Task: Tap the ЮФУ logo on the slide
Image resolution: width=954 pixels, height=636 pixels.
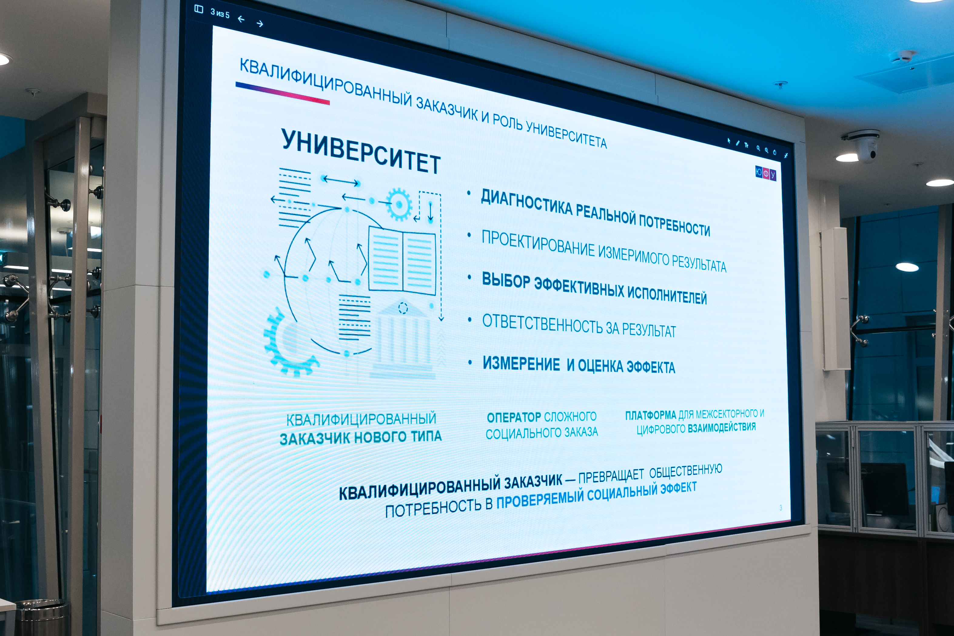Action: (765, 173)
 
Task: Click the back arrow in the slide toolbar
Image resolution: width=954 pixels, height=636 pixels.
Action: (241, 19)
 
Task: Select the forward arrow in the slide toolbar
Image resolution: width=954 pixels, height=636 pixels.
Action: (260, 24)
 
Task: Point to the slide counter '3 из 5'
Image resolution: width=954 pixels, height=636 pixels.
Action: (220, 13)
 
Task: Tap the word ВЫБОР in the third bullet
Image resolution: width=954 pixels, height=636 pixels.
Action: (506, 280)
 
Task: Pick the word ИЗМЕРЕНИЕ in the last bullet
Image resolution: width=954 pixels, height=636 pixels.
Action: (521, 363)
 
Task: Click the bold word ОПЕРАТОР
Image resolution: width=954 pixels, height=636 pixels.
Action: (514, 417)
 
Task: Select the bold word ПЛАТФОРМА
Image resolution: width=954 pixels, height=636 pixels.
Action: (650, 415)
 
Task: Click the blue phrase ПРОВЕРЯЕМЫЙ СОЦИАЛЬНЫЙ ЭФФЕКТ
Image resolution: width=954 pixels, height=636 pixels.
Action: (596, 494)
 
